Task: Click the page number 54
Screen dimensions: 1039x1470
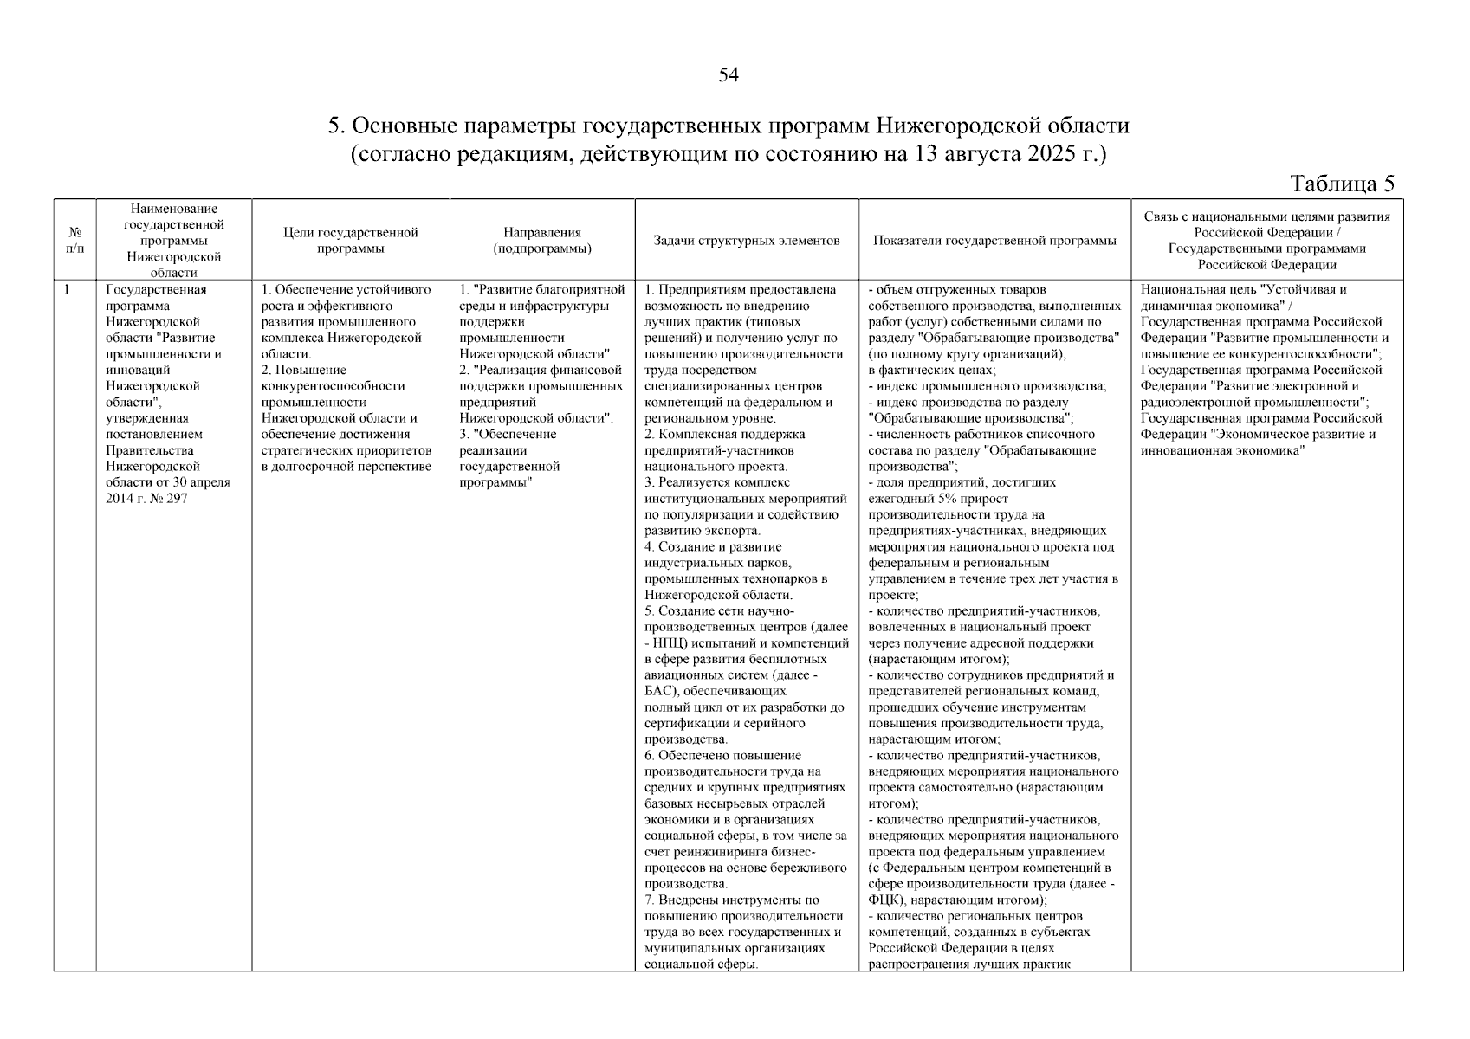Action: [729, 75]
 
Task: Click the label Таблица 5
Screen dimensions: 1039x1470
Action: [1342, 184]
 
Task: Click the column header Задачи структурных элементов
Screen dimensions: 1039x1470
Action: [746, 241]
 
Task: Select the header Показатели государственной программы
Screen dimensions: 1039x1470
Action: [994, 241]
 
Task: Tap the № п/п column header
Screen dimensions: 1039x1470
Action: [74, 241]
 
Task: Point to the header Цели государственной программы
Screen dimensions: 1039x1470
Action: [350, 241]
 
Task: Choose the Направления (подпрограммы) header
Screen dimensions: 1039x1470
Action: [541, 241]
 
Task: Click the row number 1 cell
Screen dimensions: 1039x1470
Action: [67, 290]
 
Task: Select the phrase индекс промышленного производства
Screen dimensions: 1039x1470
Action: [991, 386]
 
